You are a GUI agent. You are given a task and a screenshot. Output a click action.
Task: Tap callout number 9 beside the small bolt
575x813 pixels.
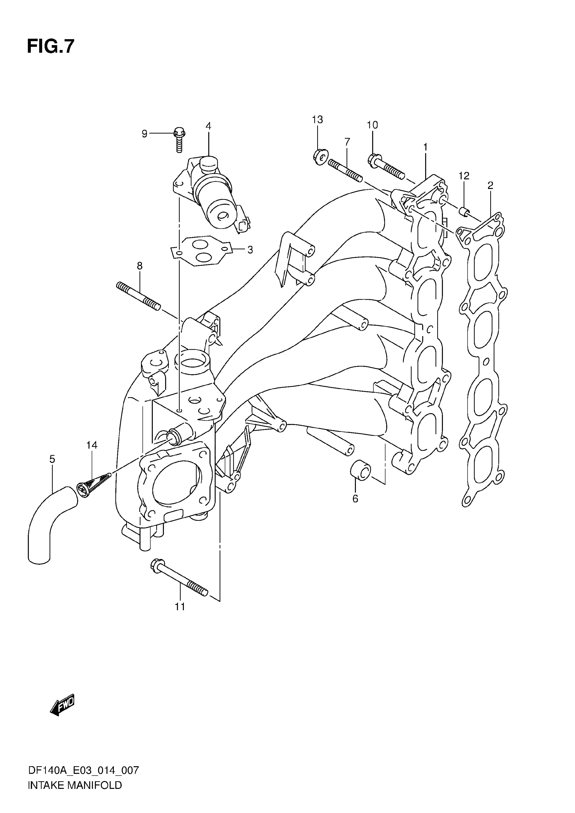(x=144, y=134)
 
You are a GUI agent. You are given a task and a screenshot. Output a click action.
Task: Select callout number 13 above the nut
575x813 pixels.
(x=317, y=120)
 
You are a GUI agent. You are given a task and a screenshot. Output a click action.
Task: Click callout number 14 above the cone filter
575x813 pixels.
(x=92, y=445)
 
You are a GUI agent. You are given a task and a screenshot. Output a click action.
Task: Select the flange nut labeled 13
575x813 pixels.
(x=321, y=157)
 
